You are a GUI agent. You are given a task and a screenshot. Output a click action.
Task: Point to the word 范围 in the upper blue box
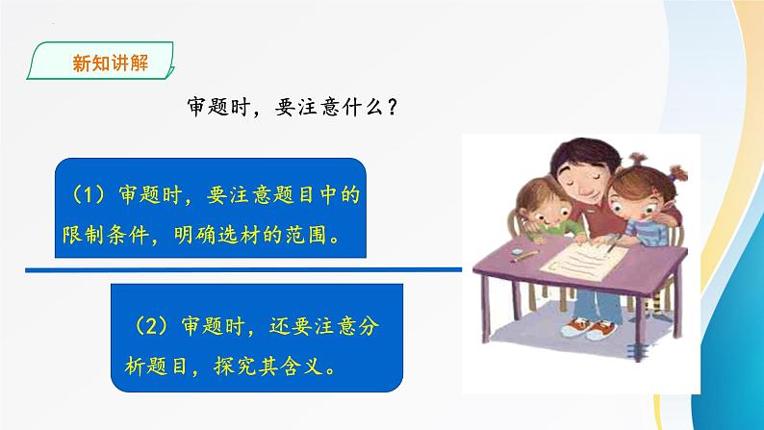tap(315, 235)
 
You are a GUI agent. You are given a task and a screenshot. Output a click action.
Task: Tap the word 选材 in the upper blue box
tap(249, 235)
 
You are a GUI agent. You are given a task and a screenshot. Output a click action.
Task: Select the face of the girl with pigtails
tap(634, 202)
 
